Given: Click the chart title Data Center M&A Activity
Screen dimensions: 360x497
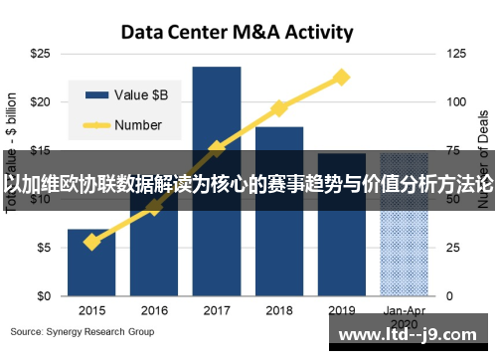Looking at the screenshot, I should [237, 32].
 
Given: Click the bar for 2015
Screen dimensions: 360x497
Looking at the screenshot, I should [91, 263].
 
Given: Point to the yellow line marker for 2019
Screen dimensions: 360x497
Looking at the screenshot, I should [342, 77].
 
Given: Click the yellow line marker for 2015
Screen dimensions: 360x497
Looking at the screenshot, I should [91, 242].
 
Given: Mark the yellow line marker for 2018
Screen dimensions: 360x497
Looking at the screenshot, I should [279, 107].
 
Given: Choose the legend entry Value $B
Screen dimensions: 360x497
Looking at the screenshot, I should [129, 95].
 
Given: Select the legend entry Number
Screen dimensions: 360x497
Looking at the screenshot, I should [129, 125].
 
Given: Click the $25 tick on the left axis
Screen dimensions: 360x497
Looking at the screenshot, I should [40, 52].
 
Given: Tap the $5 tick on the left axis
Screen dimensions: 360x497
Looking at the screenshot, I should [43, 248].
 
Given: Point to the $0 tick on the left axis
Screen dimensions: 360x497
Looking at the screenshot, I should [43, 296].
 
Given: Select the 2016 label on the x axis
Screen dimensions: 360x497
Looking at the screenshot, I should [154, 310].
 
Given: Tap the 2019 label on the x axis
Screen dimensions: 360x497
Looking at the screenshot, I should [342, 310].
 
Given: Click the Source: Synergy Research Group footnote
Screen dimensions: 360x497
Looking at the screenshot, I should [83, 331].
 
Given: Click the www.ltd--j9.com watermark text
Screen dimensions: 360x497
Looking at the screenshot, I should [411, 335].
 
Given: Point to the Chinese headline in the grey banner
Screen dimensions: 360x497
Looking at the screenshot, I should [248, 184].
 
